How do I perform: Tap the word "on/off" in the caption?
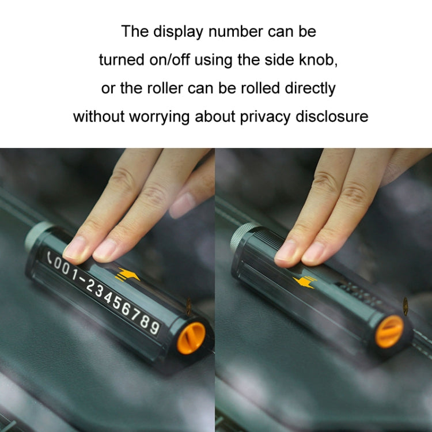(x=185, y=60)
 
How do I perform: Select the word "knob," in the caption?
(x=318, y=60)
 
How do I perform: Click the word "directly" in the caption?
(x=309, y=89)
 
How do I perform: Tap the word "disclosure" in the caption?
(x=332, y=117)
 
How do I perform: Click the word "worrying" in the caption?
(x=158, y=117)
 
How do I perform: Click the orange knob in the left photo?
(x=191, y=337)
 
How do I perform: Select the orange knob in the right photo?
(x=389, y=332)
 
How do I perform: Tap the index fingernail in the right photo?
(x=286, y=253)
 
